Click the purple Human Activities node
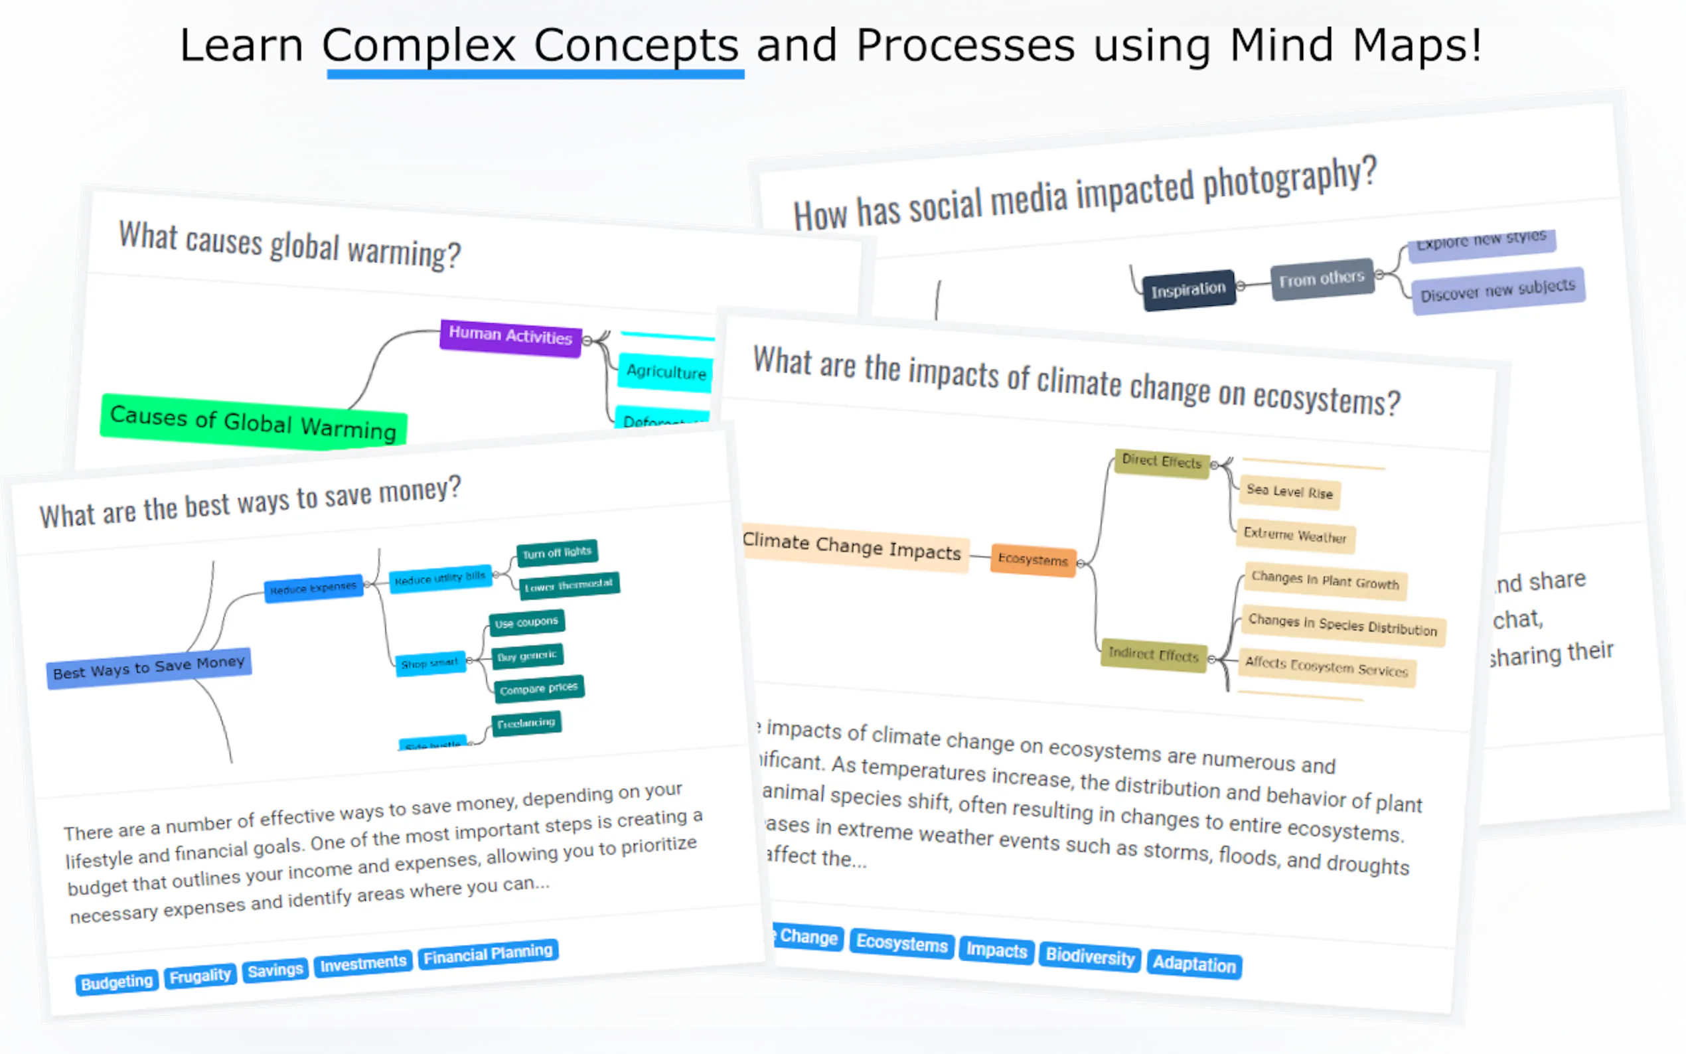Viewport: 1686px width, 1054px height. coord(510,337)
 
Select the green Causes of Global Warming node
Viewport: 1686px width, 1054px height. coord(253,421)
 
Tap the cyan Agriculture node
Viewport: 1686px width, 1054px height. coord(666,372)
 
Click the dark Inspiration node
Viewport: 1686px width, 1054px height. coord(1188,289)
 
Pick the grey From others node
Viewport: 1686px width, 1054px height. coord(1321,279)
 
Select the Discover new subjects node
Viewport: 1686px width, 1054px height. coord(1497,290)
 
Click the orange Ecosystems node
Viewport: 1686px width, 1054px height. coord(1032,559)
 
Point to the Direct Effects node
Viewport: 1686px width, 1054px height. coord(1161,461)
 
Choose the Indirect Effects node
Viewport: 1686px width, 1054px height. coord(1153,654)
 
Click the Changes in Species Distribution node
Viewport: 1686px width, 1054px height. coord(1341,625)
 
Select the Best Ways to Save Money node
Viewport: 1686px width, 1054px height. coord(149,667)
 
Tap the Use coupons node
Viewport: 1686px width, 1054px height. coord(526,622)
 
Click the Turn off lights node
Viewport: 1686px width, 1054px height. coord(556,552)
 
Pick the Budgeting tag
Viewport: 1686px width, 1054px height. coord(116,982)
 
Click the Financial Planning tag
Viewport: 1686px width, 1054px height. coord(487,954)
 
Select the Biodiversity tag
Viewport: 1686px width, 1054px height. coord(1089,956)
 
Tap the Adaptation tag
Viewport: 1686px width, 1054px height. coord(1193,964)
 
